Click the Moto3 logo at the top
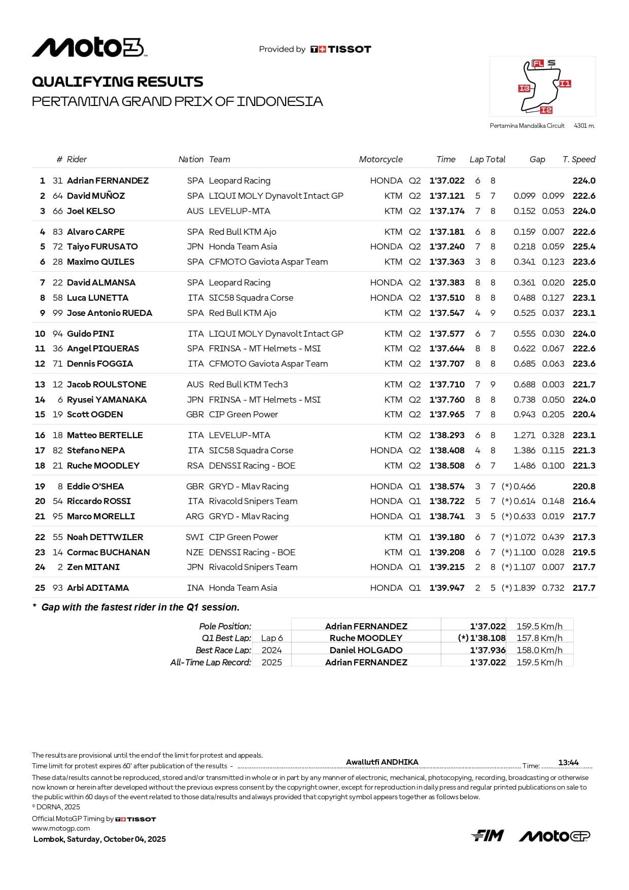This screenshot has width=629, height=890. [x=89, y=48]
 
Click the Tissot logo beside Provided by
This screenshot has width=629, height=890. [x=341, y=49]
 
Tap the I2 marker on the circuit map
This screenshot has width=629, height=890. [x=546, y=110]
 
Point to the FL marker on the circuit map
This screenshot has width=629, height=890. [x=538, y=63]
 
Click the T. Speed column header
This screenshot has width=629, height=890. [x=579, y=159]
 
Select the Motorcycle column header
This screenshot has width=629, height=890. [x=380, y=159]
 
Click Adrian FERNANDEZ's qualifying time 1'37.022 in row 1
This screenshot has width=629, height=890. [x=447, y=181]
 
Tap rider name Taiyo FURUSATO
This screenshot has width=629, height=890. [x=102, y=246]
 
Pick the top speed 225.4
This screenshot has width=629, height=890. [x=584, y=246]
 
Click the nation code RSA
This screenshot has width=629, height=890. [x=195, y=466]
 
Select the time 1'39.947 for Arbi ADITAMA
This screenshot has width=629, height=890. [x=447, y=588]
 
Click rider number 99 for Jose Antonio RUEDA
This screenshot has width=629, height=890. [x=58, y=313]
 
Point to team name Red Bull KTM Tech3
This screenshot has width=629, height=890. [x=249, y=384]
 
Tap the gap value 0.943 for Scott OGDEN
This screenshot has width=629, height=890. [x=524, y=414]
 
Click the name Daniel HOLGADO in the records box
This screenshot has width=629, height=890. [x=366, y=650]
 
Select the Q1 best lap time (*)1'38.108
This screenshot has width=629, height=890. [x=481, y=638]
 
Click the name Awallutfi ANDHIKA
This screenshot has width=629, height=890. [x=382, y=762]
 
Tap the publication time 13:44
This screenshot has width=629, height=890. [x=568, y=763]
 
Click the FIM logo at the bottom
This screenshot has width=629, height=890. [x=487, y=835]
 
